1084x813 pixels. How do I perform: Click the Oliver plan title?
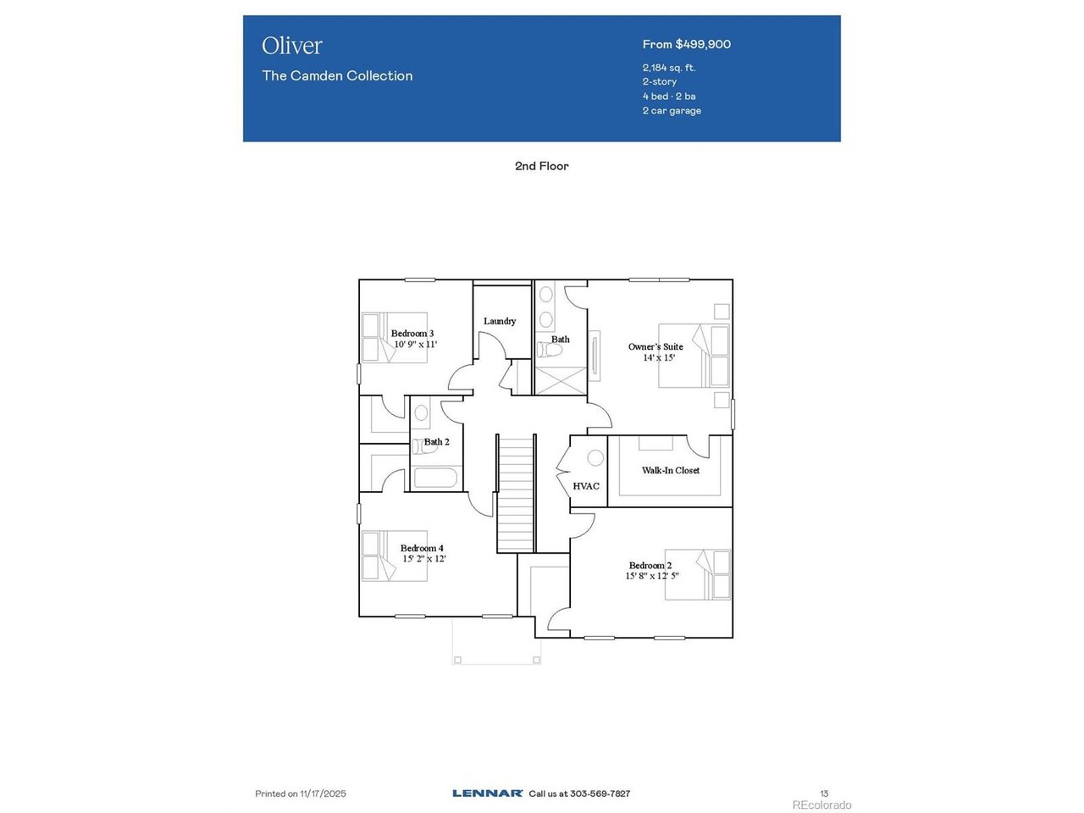point(292,46)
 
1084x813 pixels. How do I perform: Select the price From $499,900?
point(687,44)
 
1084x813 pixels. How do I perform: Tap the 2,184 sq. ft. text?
point(669,68)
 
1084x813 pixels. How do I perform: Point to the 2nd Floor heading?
point(542,166)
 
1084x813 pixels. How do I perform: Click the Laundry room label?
point(500,321)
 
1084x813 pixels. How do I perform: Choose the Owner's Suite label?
point(655,346)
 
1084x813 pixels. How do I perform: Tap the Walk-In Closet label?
point(670,470)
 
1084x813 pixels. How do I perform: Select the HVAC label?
point(586,486)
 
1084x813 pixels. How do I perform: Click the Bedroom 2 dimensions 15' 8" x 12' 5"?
point(652,576)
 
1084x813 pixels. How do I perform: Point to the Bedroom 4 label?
point(422,548)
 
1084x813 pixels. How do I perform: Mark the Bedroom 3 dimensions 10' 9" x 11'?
point(415,344)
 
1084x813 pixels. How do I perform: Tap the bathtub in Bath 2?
point(435,478)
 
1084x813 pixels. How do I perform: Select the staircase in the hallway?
point(515,494)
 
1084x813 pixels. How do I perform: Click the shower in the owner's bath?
point(561,380)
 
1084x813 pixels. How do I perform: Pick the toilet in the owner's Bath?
point(549,350)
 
